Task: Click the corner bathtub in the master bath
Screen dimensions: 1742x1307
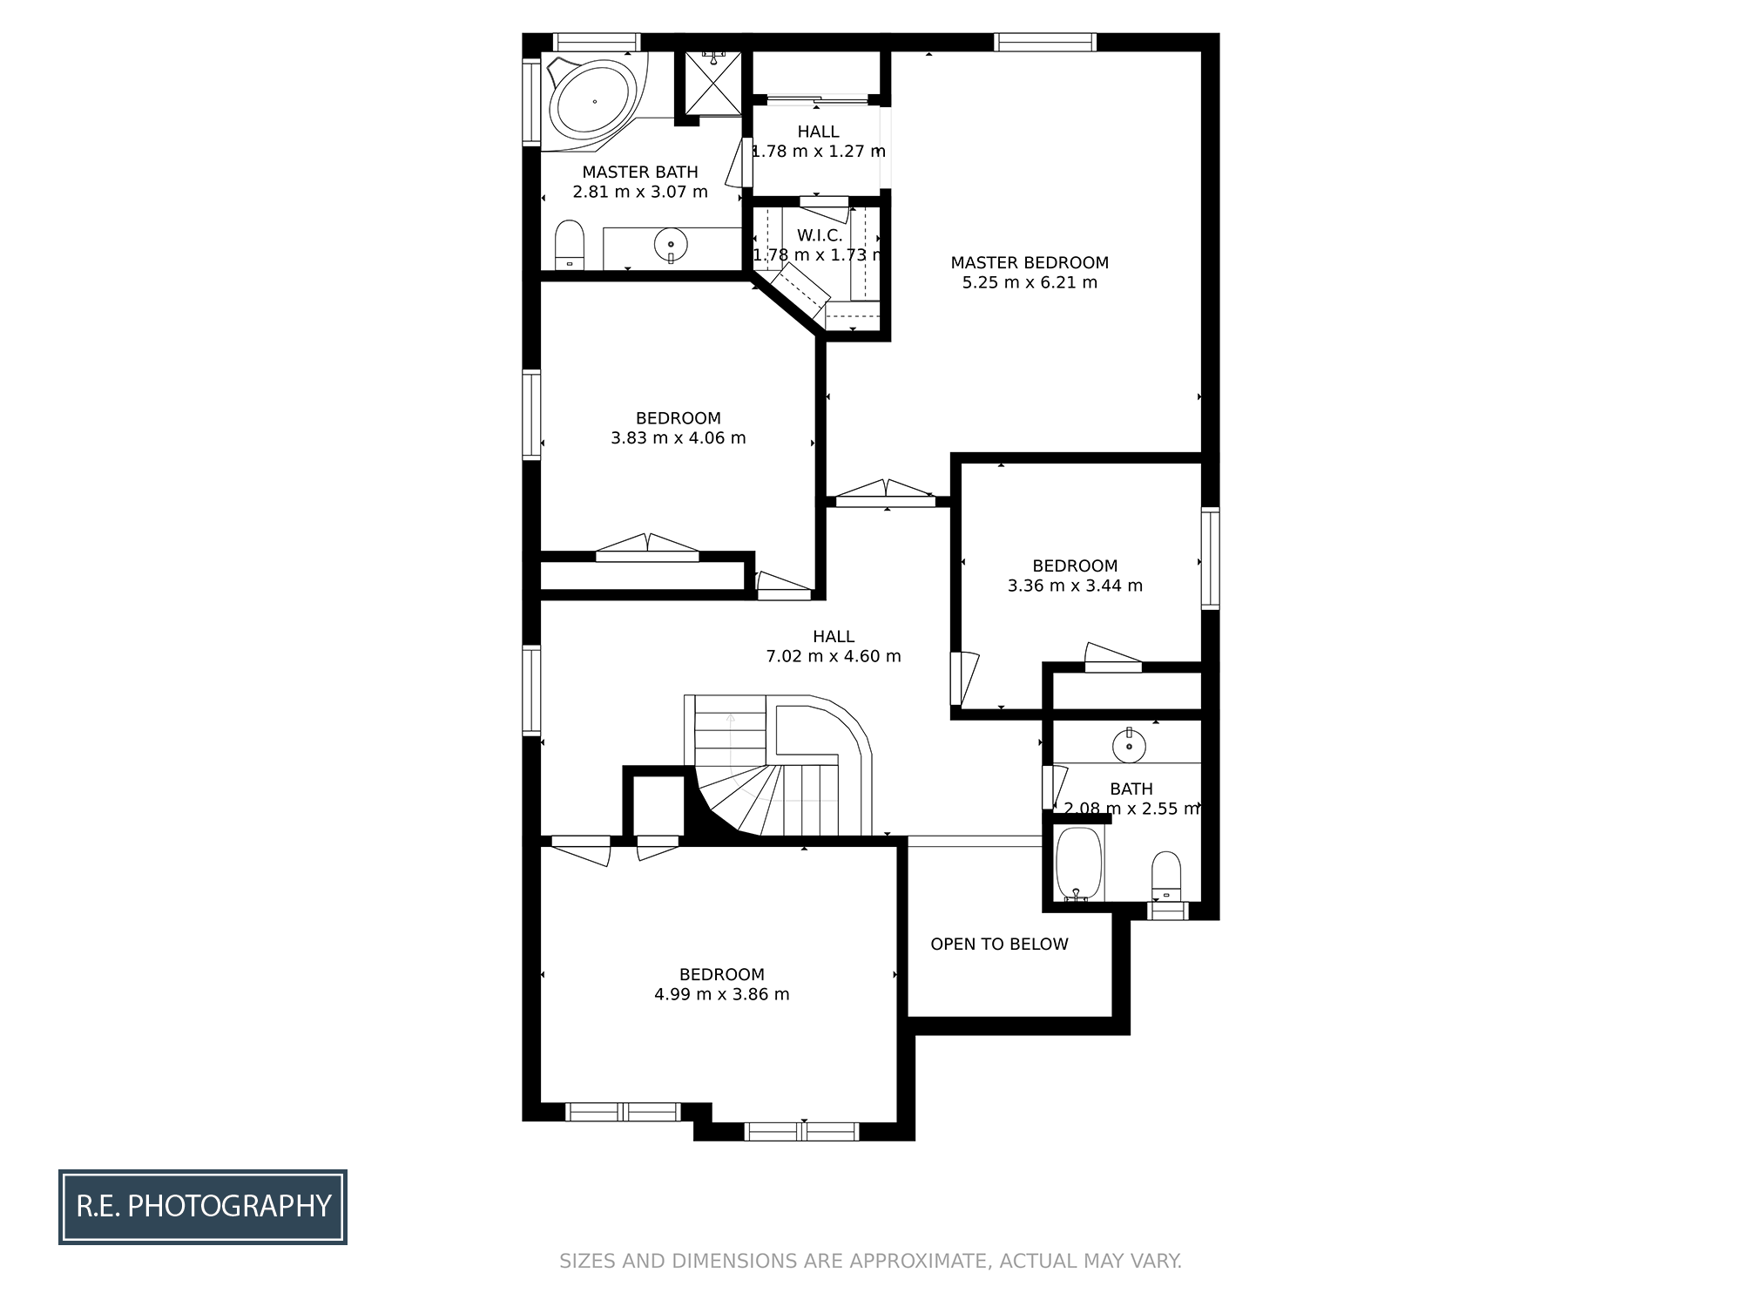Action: point(593,100)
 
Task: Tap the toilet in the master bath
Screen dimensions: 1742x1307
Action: point(570,245)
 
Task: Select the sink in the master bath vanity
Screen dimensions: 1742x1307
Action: point(671,245)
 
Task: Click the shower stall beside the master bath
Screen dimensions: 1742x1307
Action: point(712,83)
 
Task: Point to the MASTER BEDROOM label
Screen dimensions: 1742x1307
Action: point(1030,262)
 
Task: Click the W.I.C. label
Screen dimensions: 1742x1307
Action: point(820,235)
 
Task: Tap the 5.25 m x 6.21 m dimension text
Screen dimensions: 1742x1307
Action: point(1030,282)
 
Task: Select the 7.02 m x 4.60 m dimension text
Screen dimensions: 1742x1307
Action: point(834,656)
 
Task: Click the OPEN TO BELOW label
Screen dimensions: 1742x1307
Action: point(999,944)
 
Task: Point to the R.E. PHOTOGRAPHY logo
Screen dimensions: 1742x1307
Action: point(203,1207)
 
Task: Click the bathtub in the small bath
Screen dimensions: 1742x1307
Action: point(1079,863)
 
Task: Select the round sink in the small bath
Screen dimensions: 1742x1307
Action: point(1129,746)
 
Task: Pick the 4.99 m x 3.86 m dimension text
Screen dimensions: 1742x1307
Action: point(722,994)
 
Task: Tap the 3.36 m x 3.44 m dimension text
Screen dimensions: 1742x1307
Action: point(1075,586)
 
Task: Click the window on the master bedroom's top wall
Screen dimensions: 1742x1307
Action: point(1045,42)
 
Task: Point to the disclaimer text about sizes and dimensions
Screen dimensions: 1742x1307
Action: point(870,1261)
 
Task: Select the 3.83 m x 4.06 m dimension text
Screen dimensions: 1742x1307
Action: point(679,437)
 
